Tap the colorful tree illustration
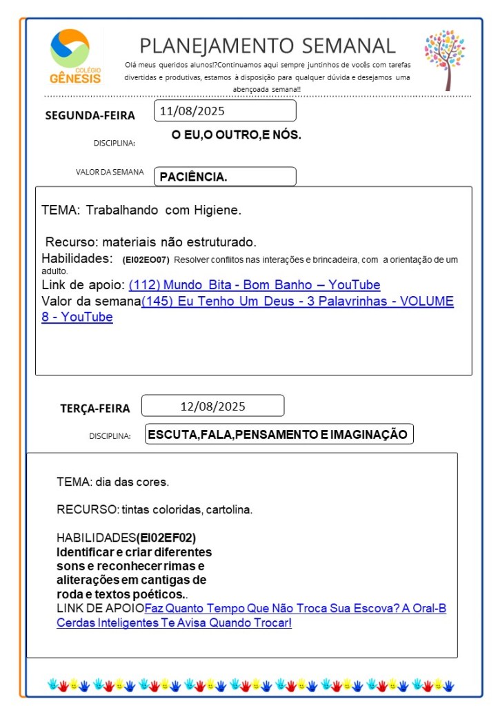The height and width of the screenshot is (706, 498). tap(445, 59)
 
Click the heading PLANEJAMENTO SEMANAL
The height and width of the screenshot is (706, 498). tap(268, 46)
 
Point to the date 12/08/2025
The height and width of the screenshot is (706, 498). tap(212, 406)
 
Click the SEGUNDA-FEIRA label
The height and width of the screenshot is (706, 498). tap(90, 115)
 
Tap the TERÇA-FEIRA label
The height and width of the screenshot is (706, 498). tap(94, 409)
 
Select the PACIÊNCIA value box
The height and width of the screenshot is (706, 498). tap(225, 177)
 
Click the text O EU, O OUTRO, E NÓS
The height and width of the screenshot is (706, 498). tap(236, 135)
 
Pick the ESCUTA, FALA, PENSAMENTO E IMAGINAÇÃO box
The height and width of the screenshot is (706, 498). tap(279, 434)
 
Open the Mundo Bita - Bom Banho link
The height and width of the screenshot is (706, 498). tap(254, 285)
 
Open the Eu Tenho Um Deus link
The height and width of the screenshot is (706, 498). tap(297, 302)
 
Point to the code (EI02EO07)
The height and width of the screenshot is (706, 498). tap(145, 260)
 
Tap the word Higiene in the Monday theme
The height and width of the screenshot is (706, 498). tap(218, 210)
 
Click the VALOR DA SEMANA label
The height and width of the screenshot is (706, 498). tap(110, 173)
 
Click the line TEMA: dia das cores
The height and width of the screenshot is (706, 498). tap(112, 481)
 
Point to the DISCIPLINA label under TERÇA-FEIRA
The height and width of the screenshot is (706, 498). tap(110, 436)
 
